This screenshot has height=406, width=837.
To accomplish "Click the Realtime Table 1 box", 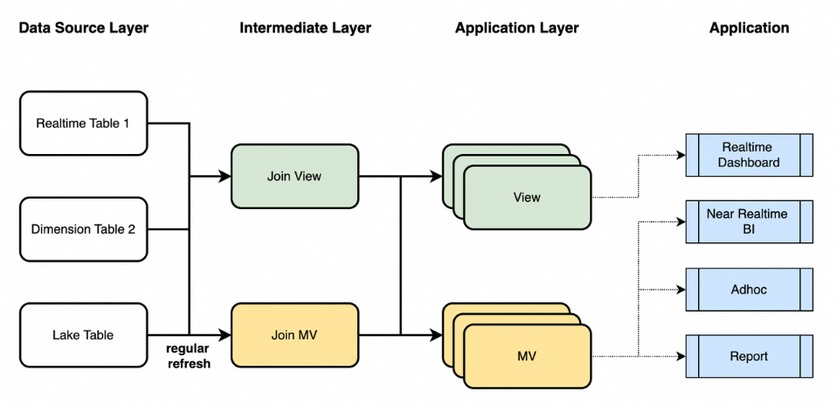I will tap(83, 123).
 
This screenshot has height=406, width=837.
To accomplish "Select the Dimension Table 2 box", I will tap(83, 230).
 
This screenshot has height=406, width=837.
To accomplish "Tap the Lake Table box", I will tap(83, 334).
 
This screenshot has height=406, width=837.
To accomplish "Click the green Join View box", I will tap(294, 177).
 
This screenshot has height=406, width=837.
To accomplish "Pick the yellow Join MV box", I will tap(294, 334).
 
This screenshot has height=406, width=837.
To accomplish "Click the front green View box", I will tap(527, 198).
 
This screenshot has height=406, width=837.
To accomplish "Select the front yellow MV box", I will tap(527, 356).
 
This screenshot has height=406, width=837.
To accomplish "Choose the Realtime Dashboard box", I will tap(749, 155).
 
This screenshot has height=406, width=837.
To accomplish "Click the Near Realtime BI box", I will tap(749, 221).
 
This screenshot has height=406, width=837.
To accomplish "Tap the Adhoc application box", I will tap(749, 289).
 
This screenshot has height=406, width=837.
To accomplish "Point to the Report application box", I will tap(749, 356).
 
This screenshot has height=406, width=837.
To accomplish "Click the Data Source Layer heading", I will tap(84, 28).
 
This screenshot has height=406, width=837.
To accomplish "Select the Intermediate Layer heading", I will tap(305, 28).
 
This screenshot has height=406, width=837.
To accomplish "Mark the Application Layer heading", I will tap(517, 28).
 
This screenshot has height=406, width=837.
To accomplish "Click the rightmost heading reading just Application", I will tap(749, 28).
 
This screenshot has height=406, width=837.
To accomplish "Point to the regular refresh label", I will tap(189, 356).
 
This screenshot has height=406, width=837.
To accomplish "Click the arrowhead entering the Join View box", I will tap(225, 177).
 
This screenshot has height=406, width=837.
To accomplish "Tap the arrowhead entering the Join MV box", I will tap(225, 334).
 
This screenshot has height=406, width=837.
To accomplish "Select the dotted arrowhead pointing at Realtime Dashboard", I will tap(681, 156).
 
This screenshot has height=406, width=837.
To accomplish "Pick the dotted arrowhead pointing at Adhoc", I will tap(681, 289).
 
